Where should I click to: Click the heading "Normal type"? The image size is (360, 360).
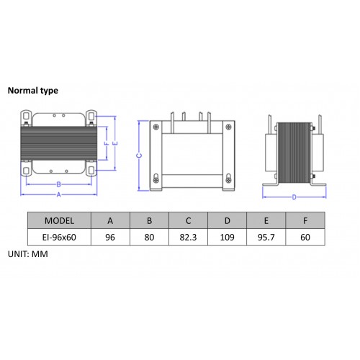tap(33, 91)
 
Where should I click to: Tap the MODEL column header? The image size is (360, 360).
tap(59, 221)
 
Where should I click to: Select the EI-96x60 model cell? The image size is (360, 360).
tap(59, 238)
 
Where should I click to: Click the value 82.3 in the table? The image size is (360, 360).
tap(188, 238)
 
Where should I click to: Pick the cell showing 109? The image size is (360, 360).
tap(227, 238)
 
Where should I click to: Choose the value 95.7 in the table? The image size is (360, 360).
tap(266, 238)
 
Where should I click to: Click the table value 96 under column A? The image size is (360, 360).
tap(110, 238)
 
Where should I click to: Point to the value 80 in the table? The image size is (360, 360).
tap(149, 238)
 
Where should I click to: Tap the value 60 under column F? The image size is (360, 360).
tap(305, 238)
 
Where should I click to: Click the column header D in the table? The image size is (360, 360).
tap(228, 221)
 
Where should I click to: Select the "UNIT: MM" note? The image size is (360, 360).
tap(28, 254)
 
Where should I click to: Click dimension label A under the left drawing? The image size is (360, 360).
tap(59, 195)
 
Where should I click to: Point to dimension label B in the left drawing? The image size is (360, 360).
tap(59, 184)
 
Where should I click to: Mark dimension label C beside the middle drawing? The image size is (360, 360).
tap(139, 156)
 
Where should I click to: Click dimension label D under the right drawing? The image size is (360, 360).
tap(294, 197)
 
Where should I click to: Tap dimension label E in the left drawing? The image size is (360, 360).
tap(115, 143)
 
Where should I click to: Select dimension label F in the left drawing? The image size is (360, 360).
tap(107, 143)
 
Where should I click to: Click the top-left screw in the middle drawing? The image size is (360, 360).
tap(156, 127)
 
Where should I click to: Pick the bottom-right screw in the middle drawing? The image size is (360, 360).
tap(229, 179)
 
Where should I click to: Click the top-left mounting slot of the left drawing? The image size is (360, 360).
tap(26, 117)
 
